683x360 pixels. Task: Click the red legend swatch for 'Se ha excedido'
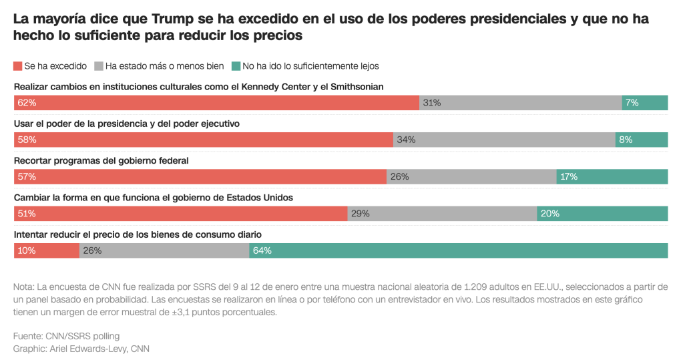click(x=17, y=66)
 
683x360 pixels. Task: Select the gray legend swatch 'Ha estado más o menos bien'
click(x=99, y=66)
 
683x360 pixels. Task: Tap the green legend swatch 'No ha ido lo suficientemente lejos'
click(x=236, y=66)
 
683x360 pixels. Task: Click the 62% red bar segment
click(x=216, y=103)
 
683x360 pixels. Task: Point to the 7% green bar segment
click(x=644, y=103)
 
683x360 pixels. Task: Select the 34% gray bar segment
click(x=504, y=140)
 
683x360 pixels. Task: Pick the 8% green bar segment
click(x=642, y=140)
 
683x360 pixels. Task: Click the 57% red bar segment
click(x=200, y=177)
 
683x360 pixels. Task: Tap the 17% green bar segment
click(x=612, y=177)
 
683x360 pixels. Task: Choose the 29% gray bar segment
click(x=442, y=214)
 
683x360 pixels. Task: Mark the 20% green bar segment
click(x=602, y=214)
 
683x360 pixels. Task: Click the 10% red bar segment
click(x=47, y=250)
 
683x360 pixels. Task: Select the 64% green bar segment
click(x=458, y=250)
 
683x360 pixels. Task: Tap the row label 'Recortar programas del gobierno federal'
click(x=101, y=160)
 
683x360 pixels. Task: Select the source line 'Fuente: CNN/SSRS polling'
click(x=66, y=336)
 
